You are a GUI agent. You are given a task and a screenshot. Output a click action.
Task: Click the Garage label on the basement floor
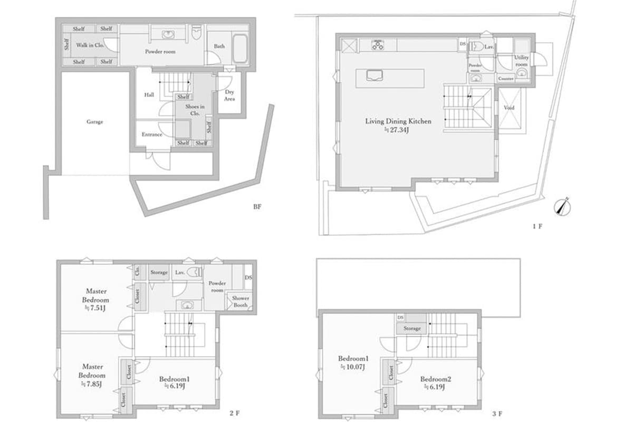pos(95,122)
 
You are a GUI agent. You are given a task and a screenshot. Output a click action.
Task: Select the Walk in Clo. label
pos(90,45)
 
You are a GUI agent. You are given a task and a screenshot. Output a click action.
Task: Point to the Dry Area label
pos(229,95)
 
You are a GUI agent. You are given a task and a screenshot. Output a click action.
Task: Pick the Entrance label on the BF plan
pos(152,135)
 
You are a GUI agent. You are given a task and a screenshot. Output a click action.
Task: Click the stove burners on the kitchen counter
pos(378,45)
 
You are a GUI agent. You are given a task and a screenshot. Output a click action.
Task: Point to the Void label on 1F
pos(509,107)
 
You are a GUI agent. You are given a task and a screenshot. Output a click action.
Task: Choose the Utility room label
pos(521,60)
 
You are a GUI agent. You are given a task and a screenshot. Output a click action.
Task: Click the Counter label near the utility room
pos(506,79)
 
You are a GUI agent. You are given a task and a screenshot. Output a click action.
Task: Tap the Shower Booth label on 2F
pos(241,301)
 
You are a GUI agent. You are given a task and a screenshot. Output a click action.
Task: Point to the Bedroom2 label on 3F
pos(436,379)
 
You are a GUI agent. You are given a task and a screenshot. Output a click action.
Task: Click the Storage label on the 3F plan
pos(412,328)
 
